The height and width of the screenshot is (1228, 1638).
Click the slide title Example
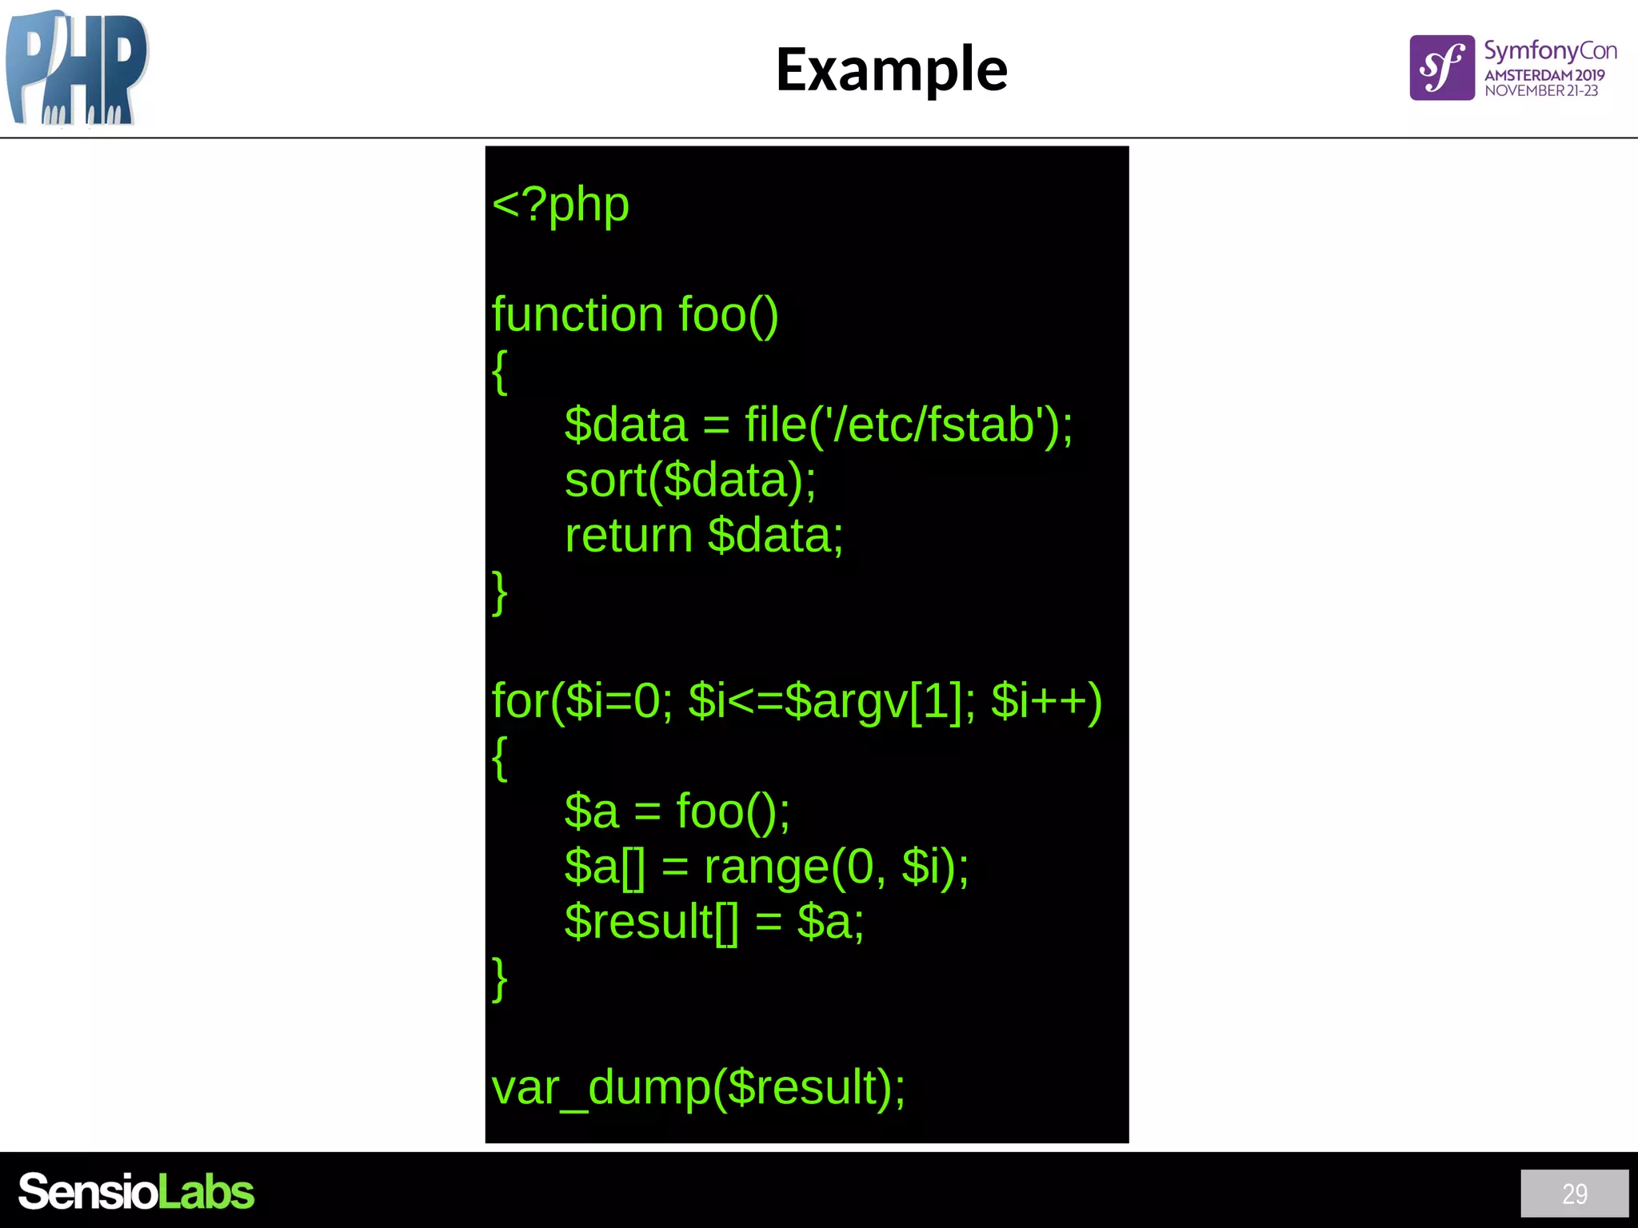pyautogui.click(x=891, y=70)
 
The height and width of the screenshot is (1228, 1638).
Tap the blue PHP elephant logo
pyautogui.click(x=77, y=69)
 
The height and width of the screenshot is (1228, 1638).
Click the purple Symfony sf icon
pyautogui.click(x=1441, y=68)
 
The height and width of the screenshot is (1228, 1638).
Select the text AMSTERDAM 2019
pyautogui.click(x=1544, y=75)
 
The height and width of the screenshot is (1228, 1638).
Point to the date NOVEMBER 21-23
pyautogui.click(x=1541, y=91)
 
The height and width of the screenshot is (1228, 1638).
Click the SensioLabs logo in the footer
pyautogui.click(x=136, y=1192)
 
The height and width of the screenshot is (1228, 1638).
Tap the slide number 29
pyautogui.click(x=1574, y=1194)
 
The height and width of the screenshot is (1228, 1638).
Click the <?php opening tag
pyautogui.click(x=561, y=205)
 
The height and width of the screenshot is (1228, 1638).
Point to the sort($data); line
pyautogui.click(x=690, y=480)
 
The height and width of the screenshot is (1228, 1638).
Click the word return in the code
pyautogui.click(x=629, y=536)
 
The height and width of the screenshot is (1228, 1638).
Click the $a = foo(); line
pyautogui.click(x=677, y=811)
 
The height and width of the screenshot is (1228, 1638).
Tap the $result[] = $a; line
pyautogui.click(x=713, y=922)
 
